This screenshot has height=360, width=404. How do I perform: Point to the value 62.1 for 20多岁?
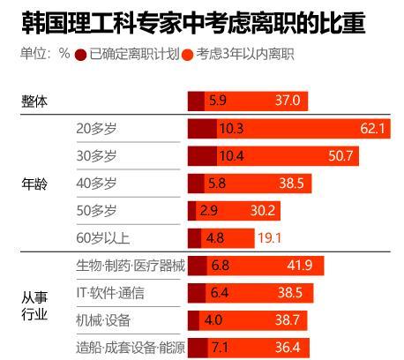(374, 129)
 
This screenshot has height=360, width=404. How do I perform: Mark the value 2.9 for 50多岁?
(208, 211)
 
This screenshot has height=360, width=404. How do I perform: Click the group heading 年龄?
(34, 184)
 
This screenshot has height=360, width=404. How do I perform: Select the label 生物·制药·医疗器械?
(131, 266)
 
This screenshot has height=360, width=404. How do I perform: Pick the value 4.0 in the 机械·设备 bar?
(213, 320)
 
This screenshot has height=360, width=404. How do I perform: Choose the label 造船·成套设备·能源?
(131, 348)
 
